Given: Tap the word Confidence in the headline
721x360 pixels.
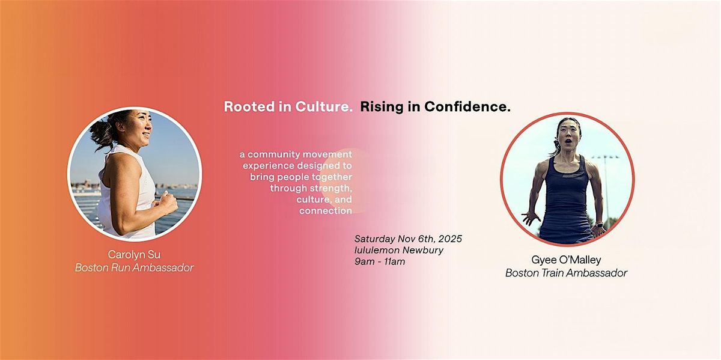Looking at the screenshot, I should pyautogui.click(x=467, y=107).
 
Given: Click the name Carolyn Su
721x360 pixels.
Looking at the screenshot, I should pyautogui.click(x=134, y=254).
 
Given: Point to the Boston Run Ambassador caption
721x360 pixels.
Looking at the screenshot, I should pyautogui.click(x=134, y=268).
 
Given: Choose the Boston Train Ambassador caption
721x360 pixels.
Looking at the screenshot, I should pyautogui.click(x=566, y=273).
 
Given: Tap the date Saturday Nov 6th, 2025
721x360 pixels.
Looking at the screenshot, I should pyautogui.click(x=408, y=239).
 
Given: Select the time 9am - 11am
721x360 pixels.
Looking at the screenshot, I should pyautogui.click(x=380, y=261).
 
